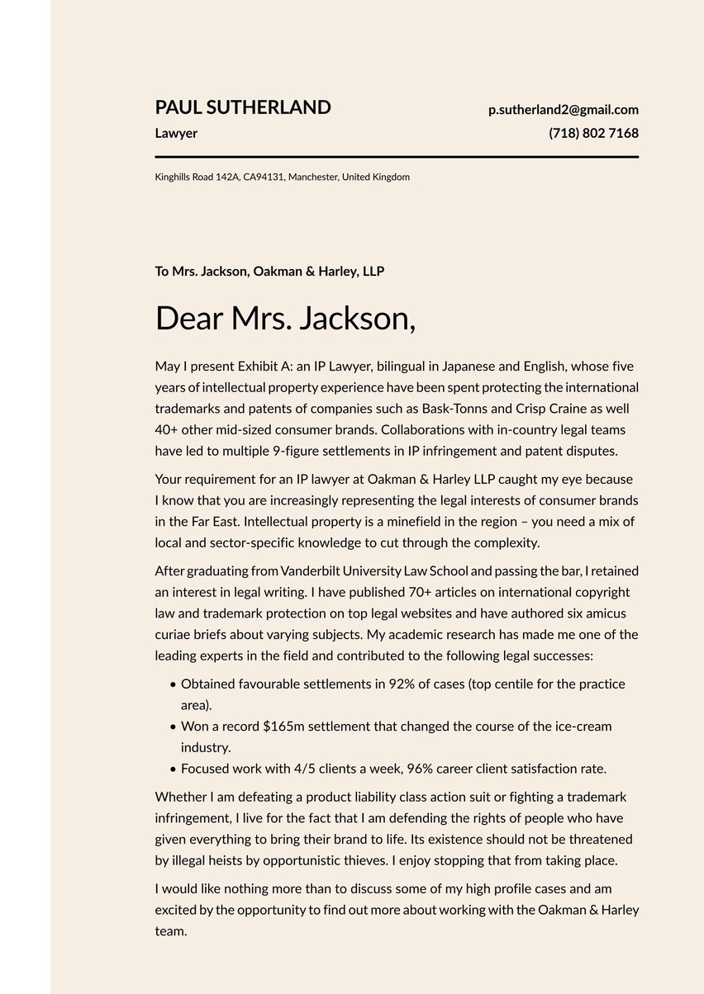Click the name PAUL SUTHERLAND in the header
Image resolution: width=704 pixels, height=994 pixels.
(x=243, y=107)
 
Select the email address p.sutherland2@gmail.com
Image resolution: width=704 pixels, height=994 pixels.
(x=563, y=110)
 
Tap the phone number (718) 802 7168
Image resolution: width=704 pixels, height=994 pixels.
(x=593, y=133)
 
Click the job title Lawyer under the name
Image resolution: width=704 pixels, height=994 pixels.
(x=176, y=133)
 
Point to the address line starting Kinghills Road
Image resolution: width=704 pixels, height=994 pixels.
(x=282, y=177)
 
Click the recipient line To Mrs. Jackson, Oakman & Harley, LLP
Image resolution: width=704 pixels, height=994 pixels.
(x=269, y=271)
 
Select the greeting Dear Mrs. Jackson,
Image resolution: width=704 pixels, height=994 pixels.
(x=285, y=319)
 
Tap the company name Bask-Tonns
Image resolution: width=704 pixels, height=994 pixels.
(x=453, y=409)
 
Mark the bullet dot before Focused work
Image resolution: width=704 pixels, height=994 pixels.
(x=173, y=769)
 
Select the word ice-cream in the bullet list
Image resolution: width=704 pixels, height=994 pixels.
(x=583, y=727)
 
